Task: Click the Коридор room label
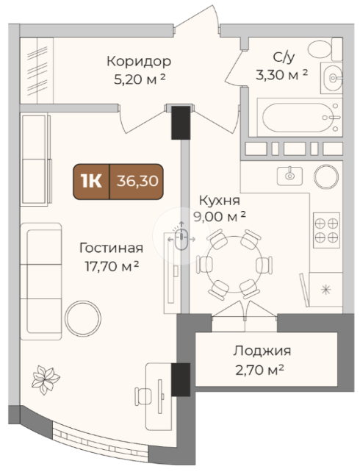[x=139, y=62]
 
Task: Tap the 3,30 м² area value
[x=281, y=75]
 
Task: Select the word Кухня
[x=220, y=201]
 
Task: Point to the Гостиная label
[x=111, y=248]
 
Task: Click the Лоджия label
[x=262, y=351]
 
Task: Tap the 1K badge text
[x=91, y=181]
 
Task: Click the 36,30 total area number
[x=137, y=181]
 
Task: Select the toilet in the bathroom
[x=325, y=49]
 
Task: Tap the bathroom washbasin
[x=332, y=78]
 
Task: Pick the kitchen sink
[x=289, y=176]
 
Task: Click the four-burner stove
[x=326, y=230]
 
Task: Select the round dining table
[x=234, y=265]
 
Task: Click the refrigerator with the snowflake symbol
[x=325, y=290]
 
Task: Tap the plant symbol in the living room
[x=46, y=380]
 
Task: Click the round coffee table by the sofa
[x=83, y=318]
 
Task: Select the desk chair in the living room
[x=143, y=396]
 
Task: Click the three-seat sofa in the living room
[x=41, y=282]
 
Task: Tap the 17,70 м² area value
[x=112, y=266]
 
